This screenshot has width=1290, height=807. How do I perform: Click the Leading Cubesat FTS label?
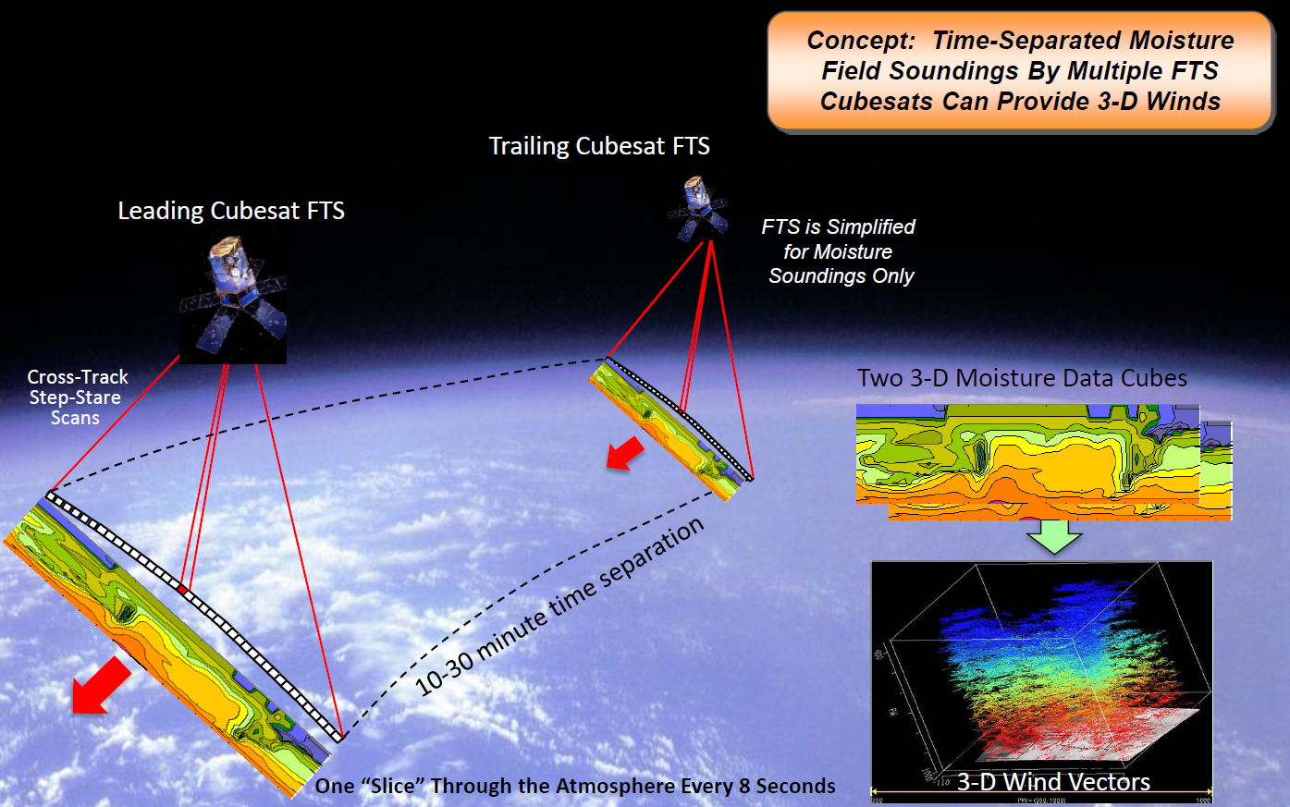pos(231,211)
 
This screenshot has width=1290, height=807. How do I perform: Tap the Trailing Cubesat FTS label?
pos(599,146)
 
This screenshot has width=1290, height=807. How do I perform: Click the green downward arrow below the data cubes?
pos(1055,537)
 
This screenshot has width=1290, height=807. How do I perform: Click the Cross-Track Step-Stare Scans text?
pos(77,397)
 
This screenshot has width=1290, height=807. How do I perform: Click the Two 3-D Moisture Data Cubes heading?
pos(1022,378)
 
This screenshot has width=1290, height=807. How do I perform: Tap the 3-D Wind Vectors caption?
pos(1053,782)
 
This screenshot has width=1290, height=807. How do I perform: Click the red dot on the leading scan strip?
pos(183,589)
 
